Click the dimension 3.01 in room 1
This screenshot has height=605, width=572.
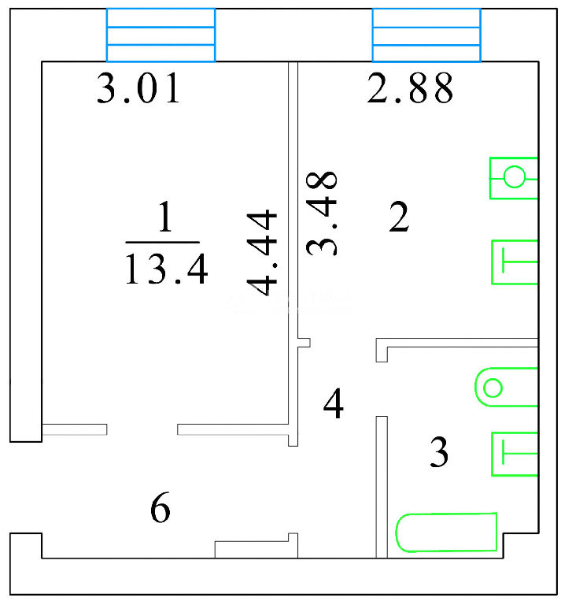tap(138, 88)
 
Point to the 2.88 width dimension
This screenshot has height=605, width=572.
tap(410, 88)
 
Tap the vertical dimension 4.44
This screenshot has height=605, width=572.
tap(263, 253)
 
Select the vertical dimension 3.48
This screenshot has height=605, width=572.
tap(322, 213)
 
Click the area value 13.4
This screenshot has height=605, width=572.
tap(166, 269)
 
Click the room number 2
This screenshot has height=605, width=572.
tap(399, 217)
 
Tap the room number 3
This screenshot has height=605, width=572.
tap(439, 452)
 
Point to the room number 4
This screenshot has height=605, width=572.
tap(334, 403)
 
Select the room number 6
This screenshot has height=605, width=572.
tap(161, 507)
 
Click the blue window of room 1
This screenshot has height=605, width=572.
tap(161, 35)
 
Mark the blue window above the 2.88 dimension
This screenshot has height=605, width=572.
tap(426, 35)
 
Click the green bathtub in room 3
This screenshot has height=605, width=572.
tap(446, 533)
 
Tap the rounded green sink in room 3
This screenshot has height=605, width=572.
tap(507, 387)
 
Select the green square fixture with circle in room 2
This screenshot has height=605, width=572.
tap(514, 178)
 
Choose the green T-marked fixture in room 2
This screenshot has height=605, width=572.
tap(515, 262)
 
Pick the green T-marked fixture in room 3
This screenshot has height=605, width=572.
tap(515, 454)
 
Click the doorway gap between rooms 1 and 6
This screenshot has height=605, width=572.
tap(142, 429)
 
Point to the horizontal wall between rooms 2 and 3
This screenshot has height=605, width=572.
tap(457, 343)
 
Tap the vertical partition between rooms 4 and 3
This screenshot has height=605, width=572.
tap(382, 487)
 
